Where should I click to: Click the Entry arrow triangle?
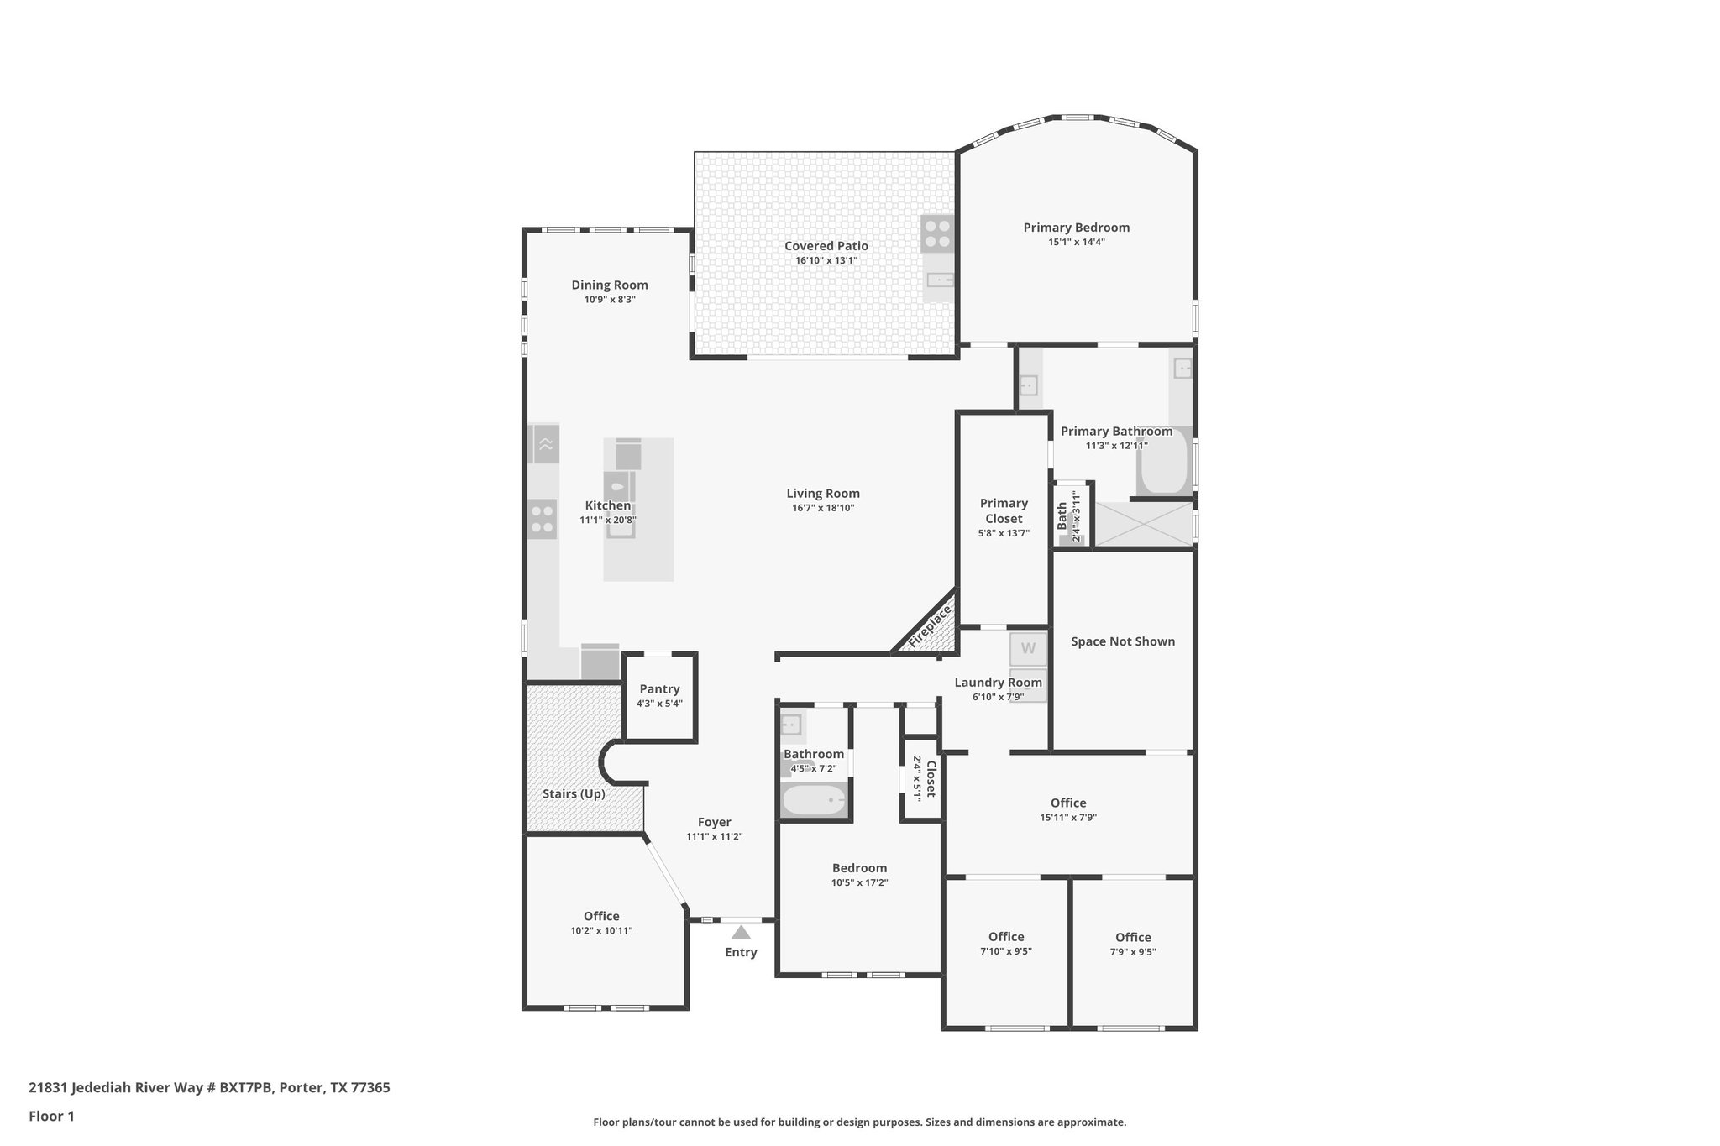pos(740,932)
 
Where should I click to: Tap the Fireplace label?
pos(930,625)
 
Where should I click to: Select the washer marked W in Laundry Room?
pos(1028,649)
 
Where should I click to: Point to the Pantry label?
pos(659,689)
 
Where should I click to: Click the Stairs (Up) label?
pos(574,793)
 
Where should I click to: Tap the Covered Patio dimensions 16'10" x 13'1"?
pos(826,260)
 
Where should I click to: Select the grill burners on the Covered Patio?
pos(937,233)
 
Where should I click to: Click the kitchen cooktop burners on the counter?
pos(543,518)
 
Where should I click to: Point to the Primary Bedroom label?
pos(1076,228)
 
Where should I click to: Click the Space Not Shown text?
pos(1123,641)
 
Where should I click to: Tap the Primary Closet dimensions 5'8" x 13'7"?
pos(1004,533)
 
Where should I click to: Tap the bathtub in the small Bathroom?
pos(814,800)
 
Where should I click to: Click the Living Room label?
pos(823,494)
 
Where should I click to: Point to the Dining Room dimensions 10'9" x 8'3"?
pos(610,300)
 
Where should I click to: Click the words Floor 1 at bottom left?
pos(51,1117)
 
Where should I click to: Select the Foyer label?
pos(714,823)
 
